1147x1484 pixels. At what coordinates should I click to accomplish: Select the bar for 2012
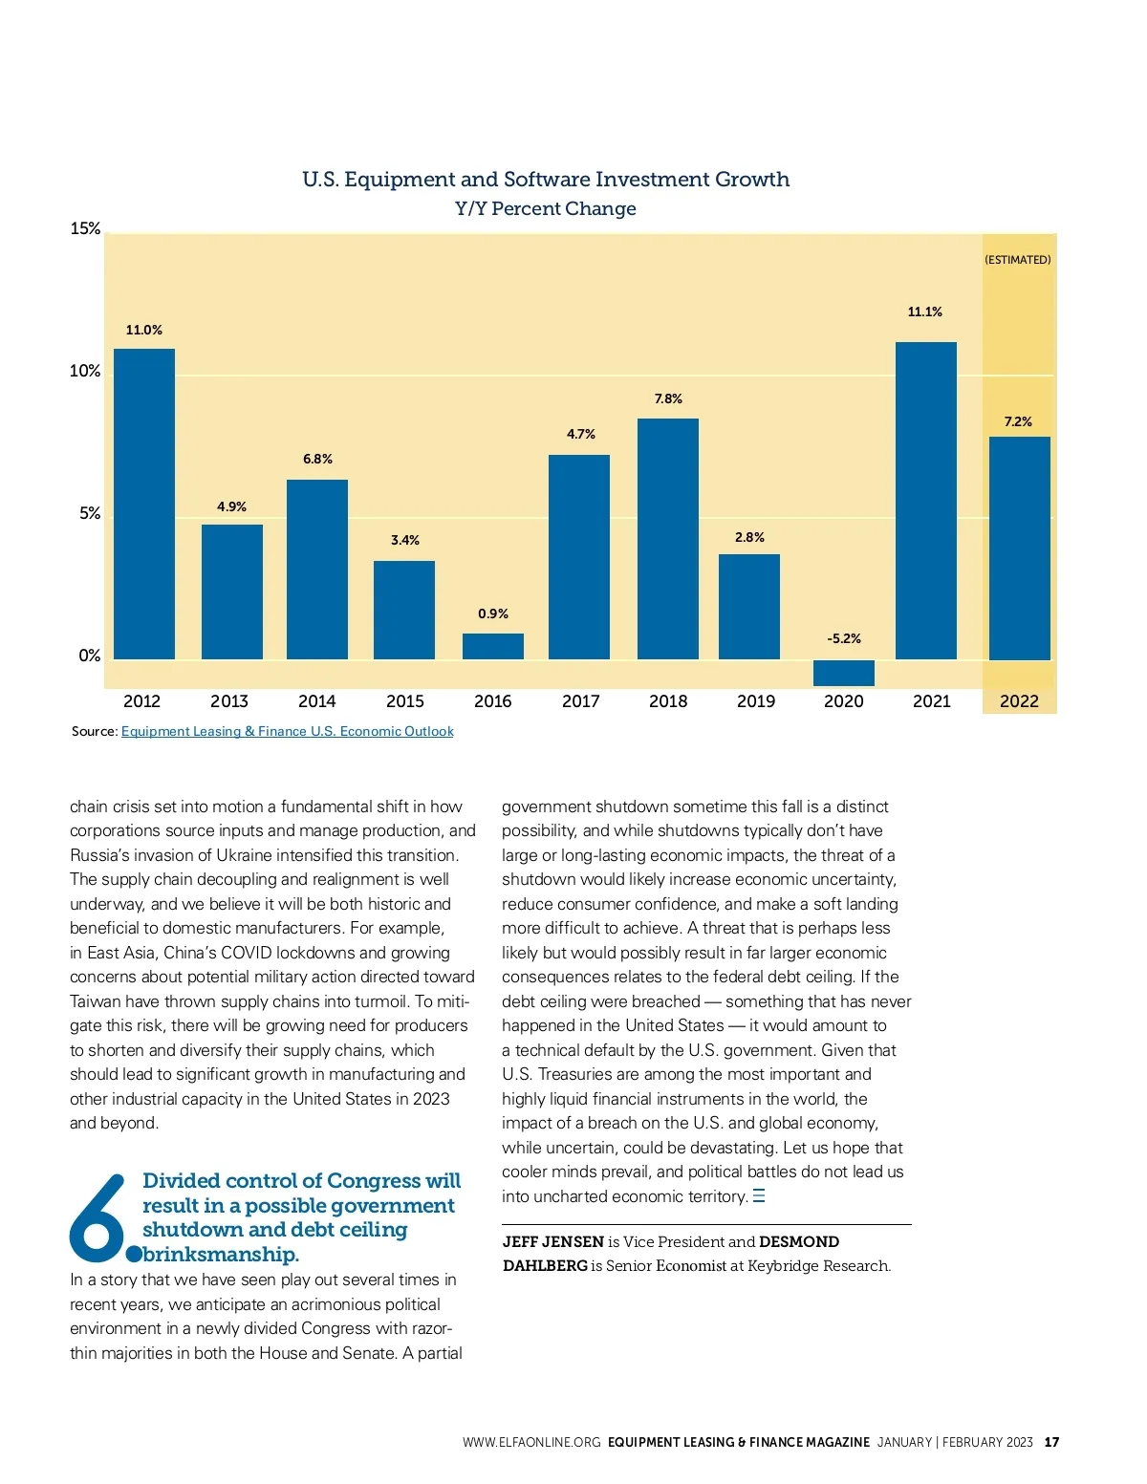144,504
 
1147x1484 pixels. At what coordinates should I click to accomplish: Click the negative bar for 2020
843,673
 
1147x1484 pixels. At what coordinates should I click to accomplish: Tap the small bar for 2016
493,646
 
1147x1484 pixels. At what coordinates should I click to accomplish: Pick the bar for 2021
925,500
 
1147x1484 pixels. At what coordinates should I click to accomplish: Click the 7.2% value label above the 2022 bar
1018,421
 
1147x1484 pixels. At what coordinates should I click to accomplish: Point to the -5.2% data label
844,638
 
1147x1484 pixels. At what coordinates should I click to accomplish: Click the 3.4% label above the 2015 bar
405,540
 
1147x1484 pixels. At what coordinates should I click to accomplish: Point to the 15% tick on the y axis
85,228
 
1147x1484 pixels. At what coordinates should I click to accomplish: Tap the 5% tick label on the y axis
90,514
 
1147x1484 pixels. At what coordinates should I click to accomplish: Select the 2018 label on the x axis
668,701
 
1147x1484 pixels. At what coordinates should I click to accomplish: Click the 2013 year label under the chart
229,701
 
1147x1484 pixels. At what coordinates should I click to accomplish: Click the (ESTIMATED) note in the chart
1018,260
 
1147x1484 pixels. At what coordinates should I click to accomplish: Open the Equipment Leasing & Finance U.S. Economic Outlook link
287,731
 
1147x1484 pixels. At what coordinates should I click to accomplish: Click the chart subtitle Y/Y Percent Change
546,208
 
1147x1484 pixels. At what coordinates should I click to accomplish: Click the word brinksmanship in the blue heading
221,1254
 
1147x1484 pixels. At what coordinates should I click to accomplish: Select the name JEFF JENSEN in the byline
553,1241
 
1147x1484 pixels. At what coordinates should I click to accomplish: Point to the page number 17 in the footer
1051,1442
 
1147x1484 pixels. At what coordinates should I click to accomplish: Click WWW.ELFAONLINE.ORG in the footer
531,1442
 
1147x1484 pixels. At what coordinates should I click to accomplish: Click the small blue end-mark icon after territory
759,1195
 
